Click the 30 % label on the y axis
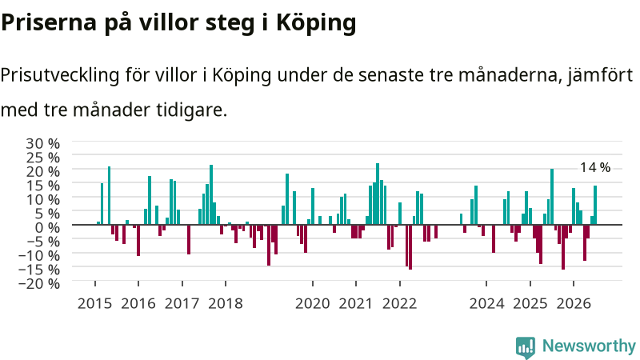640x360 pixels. click(x=43, y=144)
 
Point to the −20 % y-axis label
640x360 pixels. click(x=39, y=283)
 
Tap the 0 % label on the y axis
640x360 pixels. click(x=47, y=227)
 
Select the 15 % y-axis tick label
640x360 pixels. click(x=43, y=186)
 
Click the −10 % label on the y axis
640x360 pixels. click(x=39, y=255)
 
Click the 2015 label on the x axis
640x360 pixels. click(x=94, y=304)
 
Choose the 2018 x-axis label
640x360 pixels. click(x=226, y=304)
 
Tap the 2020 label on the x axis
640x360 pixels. click(x=313, y=304)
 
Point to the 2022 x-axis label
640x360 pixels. click(x=399, y=304)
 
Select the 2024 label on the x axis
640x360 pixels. click(x=486, y=304)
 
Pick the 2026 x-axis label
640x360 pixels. click(x=574, y=304)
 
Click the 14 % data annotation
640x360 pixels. click(x=595, y=167)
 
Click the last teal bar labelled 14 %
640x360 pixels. click(x=595, y=205)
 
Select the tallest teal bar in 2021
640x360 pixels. click(x=378, y=194)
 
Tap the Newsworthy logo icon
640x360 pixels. click(x=526, y=347)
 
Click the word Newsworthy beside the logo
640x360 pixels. click(x=589, y=346)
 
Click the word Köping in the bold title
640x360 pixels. click(x=316, y=23)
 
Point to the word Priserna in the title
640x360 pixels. click(x=49, y=22)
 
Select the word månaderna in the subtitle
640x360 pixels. click(x=510, y=74)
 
